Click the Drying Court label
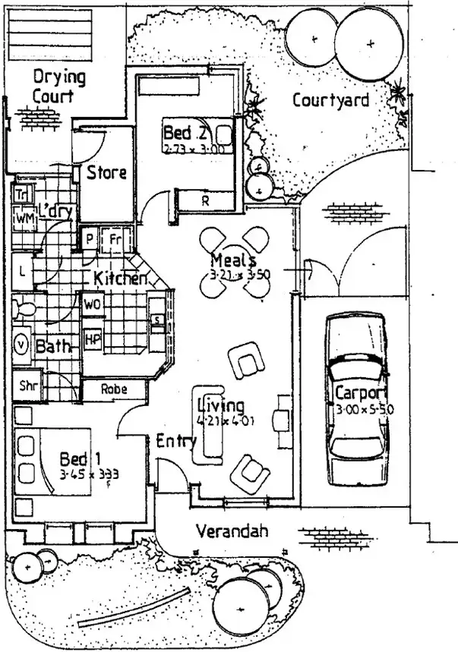pos(58,87)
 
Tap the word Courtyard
pos(330,99)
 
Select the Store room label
pos(106,172)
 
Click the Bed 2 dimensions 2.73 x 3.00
pos(194,150)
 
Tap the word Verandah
pos(232,531)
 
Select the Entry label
pos(175,441)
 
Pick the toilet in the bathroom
pos(23,308)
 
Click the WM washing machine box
pos(24,219)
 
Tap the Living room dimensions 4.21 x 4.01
pos(221,418)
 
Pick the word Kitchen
pos(120,279)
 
